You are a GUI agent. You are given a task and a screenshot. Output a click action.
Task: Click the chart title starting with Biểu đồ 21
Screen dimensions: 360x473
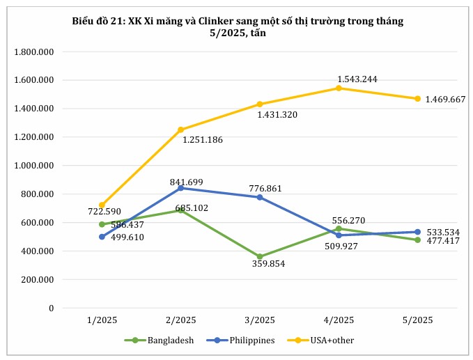click(x=238, y=27)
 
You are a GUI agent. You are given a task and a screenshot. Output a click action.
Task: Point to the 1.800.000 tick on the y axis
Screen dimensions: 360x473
click(x=35, y=52)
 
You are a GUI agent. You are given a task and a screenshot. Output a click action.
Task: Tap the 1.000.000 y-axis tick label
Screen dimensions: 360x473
click(x=35, y=166)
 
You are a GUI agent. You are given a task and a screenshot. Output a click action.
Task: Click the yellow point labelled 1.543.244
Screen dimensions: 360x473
click(x=339, y=88)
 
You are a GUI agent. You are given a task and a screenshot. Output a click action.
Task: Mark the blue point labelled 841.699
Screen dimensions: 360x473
click(x=180, y=188)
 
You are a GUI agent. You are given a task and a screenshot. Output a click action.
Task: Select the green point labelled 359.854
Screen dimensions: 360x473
click(x=260, y=256)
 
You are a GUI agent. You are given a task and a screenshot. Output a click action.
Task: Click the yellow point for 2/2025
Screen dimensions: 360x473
click(x=180, y=130)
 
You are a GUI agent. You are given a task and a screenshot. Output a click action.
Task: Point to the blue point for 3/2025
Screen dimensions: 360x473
click(x=260, y=197)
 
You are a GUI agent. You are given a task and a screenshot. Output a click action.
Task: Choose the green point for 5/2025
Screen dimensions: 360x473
click(x=417, y=240)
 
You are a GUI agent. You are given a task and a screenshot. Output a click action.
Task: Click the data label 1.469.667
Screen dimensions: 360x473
click(x=445, y=100)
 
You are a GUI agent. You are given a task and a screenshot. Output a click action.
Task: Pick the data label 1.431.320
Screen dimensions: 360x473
click(x=277, y=114)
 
